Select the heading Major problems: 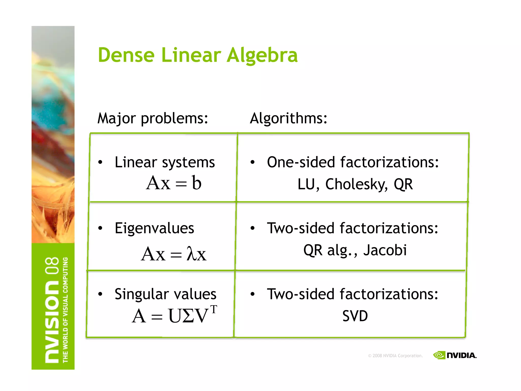(153, 118)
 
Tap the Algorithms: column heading (288, 118)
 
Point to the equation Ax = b (174, 183)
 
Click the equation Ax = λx (174, 254)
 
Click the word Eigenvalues (154, 228)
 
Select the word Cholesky (357, 184)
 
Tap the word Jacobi (385, 250)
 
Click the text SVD (355, 316)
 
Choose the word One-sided (301, 162)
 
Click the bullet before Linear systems (100, 162)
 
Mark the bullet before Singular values (100, 294)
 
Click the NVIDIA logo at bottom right (455, 355)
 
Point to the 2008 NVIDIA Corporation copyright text (395, 356)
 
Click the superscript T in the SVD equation (214, 309)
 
